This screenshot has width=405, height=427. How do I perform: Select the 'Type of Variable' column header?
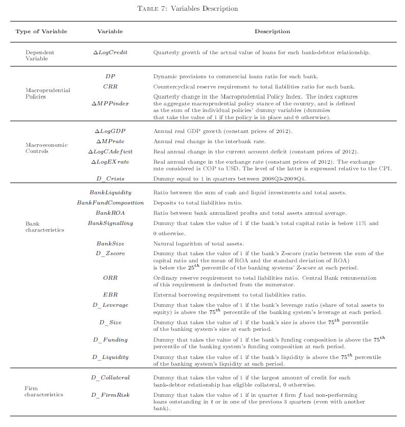tap(41, 32)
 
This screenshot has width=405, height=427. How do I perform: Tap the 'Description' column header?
tap(272, 32)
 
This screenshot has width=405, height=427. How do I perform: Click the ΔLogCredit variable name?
tap(110, 53)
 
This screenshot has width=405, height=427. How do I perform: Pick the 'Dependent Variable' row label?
tap(40, 56)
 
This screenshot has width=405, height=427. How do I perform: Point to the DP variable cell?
tap(110, 76)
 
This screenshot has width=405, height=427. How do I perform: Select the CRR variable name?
tap(110, 86)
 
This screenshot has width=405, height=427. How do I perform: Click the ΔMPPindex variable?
tap(110, 103)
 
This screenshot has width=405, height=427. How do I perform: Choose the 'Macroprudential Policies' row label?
tap(48, 93)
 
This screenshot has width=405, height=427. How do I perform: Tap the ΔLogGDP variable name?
tap(110, 131)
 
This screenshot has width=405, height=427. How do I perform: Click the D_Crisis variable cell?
tap(110, 178)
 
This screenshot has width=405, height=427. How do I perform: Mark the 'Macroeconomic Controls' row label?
tap(46, 148)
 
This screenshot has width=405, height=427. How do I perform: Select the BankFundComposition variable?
tap(110, 203)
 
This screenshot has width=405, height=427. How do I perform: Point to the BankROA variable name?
tap(110, 213)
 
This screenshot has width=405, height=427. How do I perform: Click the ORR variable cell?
tap(110, 278)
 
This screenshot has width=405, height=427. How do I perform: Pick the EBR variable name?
tap(110, 295)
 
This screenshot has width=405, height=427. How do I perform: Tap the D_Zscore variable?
tap(110, 253)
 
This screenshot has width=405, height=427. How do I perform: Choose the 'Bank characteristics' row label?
tap(45, 227)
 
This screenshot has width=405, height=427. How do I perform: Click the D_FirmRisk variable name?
tap(110, 395)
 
